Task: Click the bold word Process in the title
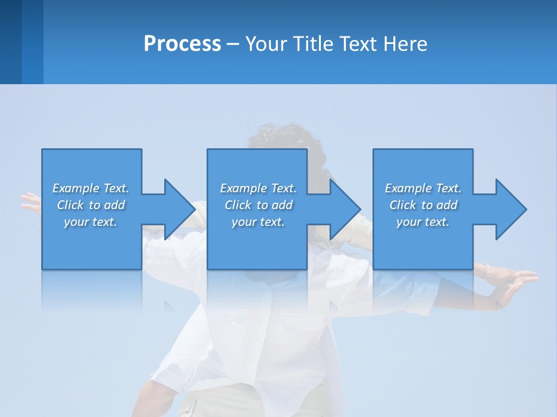(182, 44)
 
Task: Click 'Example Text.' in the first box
(91, 188)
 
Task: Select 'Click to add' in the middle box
(258, 205)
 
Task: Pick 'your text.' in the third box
(423, 222)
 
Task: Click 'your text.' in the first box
(91, 222)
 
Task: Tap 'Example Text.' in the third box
(423, 188)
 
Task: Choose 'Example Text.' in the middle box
(258, 188)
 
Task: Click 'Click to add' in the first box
(91, 205)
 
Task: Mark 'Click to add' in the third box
(423, 205)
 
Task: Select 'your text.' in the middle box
(258, 222)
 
